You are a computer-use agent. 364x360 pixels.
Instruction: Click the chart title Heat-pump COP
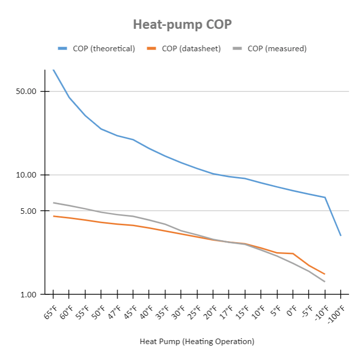182,24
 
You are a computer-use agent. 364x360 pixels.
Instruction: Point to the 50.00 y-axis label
27,91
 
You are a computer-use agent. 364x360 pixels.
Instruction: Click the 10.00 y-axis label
27,175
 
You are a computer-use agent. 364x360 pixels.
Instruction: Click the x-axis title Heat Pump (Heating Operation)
197,342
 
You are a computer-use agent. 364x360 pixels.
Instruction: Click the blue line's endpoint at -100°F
341,236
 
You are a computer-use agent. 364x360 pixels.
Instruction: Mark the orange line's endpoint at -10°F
325,274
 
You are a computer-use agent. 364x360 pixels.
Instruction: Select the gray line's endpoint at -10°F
325,282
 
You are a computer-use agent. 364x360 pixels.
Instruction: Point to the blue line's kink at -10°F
325,197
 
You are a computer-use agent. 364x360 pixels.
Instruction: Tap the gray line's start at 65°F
53,202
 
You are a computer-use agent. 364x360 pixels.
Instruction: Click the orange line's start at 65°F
53,216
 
